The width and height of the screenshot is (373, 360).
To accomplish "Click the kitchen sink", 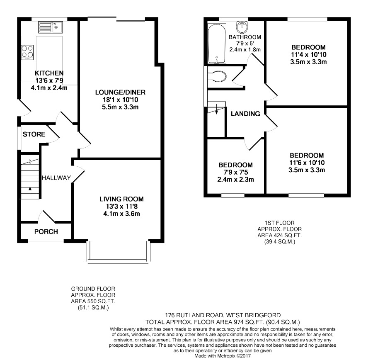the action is (x=50, y=27).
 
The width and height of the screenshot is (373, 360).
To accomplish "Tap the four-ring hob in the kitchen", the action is (x=27, y=52).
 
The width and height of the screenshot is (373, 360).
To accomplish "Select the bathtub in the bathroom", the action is (x=217, y=44).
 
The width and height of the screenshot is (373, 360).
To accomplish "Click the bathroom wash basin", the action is (x=242, y=27).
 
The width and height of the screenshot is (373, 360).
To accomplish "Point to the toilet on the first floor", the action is (x=217, y=76).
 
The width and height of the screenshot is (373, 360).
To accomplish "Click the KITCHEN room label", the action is (x=49, y=73).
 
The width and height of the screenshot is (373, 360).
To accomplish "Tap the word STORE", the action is (x=34, y=134).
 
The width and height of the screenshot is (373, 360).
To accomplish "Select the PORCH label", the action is (x=46, y=232).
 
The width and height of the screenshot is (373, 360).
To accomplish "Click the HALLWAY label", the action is (x=56, y=178).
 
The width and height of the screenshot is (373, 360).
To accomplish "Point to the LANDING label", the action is (x=245, y=114).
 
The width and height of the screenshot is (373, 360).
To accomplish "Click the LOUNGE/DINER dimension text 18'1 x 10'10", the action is (x=120, y=100).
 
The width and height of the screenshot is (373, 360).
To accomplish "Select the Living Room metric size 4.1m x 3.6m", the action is (x=121, y=214).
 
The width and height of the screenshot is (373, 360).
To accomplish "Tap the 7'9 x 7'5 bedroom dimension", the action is (x=235, y=172).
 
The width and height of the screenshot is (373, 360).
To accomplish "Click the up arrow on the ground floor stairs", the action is (x=30, y=192).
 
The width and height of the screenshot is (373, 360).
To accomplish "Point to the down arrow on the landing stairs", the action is (x=216, y=109).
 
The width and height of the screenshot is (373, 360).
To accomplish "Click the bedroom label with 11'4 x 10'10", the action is (x=308, y=47).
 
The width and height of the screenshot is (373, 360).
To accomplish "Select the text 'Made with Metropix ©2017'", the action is (x=223, y=356).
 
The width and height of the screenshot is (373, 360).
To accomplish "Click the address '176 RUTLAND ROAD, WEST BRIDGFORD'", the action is (x=223, y=316).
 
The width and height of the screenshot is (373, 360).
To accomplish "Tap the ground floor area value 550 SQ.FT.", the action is (x=99, y=302).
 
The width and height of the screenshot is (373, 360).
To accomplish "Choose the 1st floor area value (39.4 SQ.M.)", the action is (x=280, y=242).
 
